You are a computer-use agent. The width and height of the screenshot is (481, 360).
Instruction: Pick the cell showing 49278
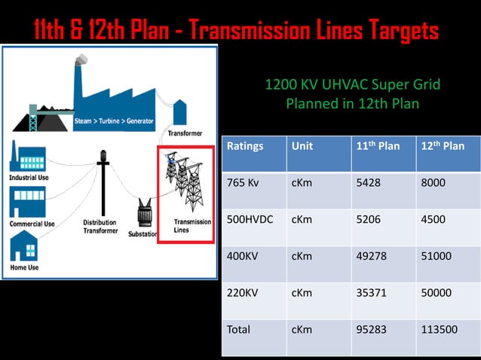[x=372, y=256]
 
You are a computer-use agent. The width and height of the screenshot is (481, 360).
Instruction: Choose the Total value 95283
[x=372, y=329]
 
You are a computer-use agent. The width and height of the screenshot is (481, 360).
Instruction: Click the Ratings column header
[x=245, y=146]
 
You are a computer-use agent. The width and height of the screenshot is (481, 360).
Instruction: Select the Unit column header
[x=302, y=146]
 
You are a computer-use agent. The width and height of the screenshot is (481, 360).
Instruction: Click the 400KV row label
[x=243, y=256]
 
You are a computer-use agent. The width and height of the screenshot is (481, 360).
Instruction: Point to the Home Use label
[x=24, y=267]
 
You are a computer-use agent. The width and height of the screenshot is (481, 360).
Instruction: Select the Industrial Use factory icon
[x=27, y=156]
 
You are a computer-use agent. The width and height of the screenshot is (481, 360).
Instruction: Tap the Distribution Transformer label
[x=100, y=227]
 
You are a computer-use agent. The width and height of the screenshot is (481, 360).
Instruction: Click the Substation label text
[x=142, y=234]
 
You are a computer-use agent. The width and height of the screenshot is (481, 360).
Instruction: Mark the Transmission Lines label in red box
[x=192, y=226]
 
